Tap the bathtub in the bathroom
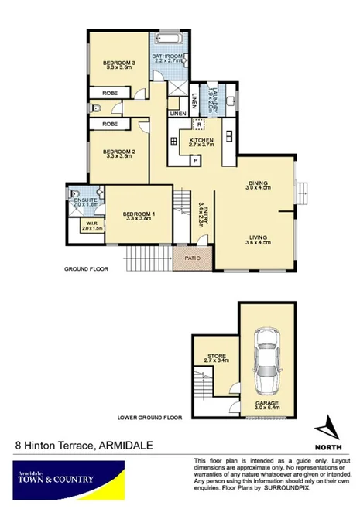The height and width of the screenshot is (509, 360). point(168,39)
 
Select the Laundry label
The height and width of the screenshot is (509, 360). point(210,98)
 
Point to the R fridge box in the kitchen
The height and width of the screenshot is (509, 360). point(199,124)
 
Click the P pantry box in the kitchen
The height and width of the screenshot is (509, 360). point(196,161)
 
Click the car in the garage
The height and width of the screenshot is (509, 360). point(267,360)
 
